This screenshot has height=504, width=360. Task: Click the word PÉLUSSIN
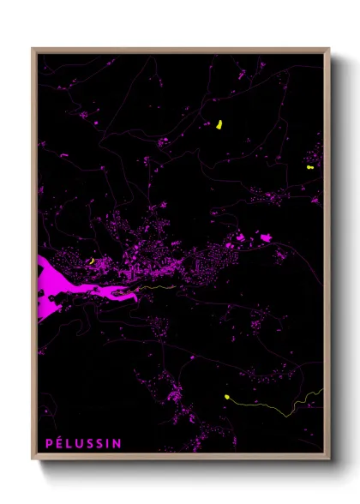coord(83,443)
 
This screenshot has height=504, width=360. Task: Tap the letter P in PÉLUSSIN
coord(49,443)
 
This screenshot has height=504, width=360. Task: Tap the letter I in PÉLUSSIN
coord(109,443)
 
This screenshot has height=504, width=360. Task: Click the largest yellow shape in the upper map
coord(219,125)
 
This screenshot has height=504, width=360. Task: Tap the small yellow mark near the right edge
coord(308,169)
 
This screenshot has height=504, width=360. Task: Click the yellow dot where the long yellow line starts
coord(226,397)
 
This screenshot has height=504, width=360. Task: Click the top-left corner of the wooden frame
coord(33,50)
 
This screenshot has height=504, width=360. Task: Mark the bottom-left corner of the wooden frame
coord(33,459)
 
